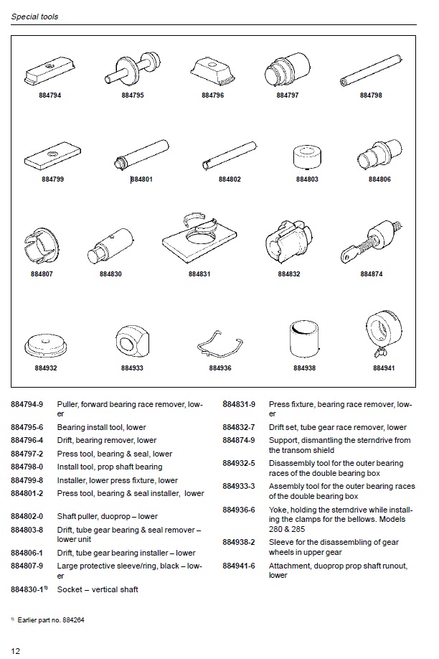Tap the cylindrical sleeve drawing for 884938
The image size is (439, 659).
point(304,338)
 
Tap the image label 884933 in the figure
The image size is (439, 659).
point(132,368)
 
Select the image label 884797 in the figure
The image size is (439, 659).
point(288,95)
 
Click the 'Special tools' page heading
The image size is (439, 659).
point(34,17)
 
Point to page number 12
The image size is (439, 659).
point(16,650)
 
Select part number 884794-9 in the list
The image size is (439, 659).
point(27,405)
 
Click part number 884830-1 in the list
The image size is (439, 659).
point(29,589)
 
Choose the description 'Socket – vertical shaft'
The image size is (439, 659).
point(98,589)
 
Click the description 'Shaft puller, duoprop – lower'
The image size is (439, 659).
point(107,516)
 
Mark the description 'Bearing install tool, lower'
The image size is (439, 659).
point(101,428)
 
